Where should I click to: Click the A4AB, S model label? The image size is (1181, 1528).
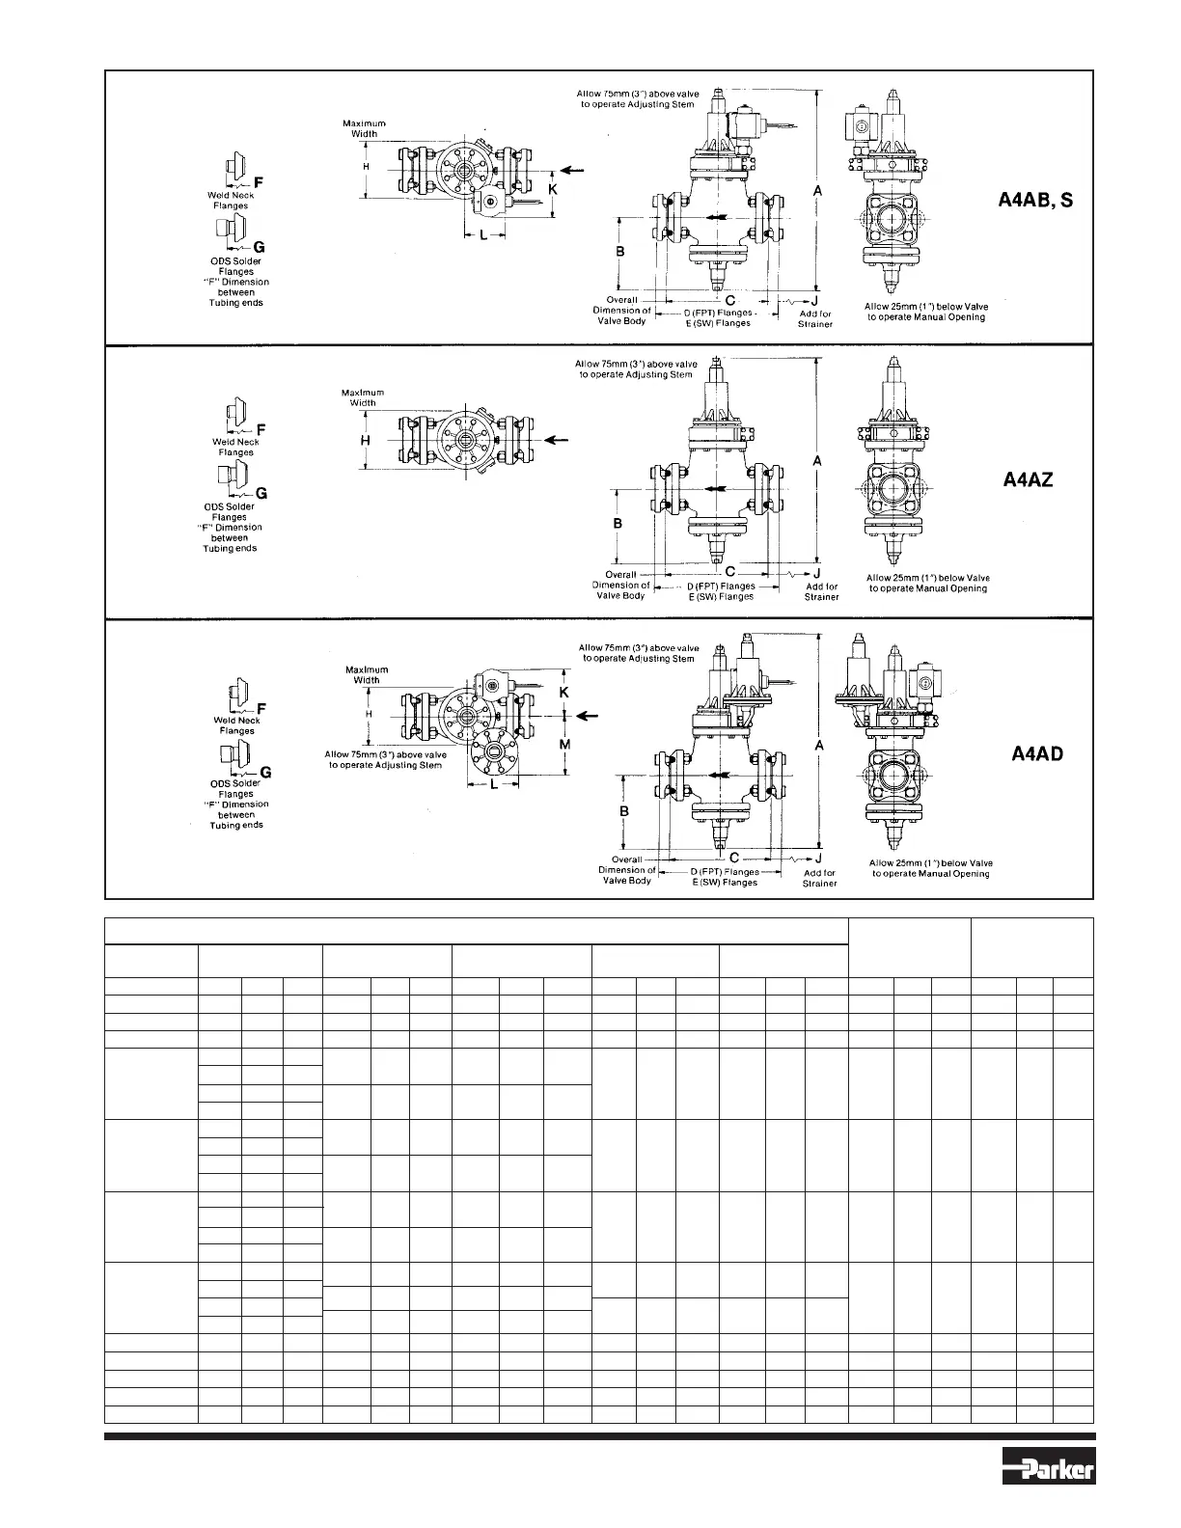(1034, 202)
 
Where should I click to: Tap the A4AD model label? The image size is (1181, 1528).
(1037, 753)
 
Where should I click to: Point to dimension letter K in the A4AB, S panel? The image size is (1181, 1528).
(553, 191)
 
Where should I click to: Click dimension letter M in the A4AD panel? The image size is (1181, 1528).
(565, 746)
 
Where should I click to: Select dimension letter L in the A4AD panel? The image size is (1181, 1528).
(494, 785)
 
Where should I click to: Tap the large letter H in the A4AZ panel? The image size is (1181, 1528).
(365, 440)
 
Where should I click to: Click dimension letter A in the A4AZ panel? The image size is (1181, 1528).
(817, 462)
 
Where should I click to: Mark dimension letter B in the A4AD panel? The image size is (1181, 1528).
(624, 811)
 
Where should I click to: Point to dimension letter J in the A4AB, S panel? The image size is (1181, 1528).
(816, 300)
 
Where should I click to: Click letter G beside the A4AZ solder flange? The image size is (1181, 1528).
(261, 493)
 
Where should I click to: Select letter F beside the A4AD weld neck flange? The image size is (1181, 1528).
(261, 707)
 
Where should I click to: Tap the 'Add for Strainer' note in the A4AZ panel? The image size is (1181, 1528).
(821, 591)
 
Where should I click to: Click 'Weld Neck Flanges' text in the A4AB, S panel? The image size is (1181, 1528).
(231, 201)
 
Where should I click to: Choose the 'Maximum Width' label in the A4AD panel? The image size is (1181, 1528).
(367, 674)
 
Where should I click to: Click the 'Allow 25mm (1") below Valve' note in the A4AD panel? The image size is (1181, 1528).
(931, 868)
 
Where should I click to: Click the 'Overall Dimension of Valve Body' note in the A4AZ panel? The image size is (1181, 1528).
(620, 585)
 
